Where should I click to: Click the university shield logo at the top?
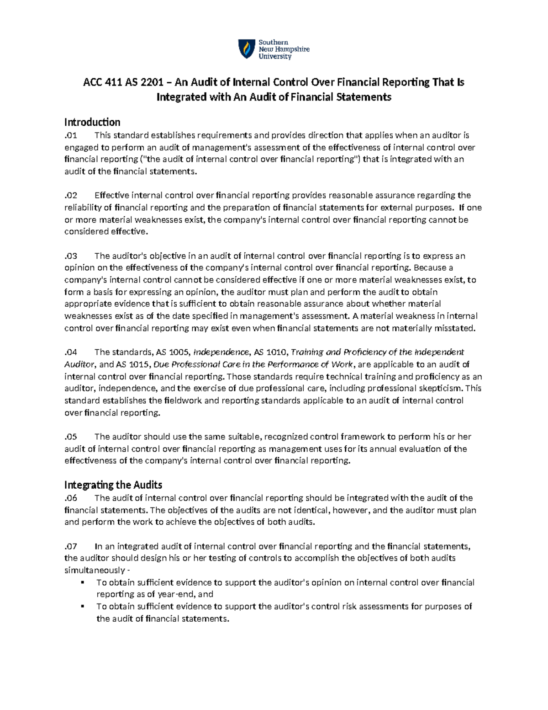(x=247, y=49)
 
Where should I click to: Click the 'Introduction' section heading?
(x=92, y=122)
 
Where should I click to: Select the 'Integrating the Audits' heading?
(x=113, y=485)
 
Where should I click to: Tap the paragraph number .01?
(x=71, y=135)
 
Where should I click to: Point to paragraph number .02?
(x=71, y=196)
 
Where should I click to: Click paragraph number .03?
(x=71, y=256)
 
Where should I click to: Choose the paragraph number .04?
(x=71, y=352)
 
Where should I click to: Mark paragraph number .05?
(x=71, y=437)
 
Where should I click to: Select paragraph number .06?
(x=71, y=498)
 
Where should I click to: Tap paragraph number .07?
(x=71, y=546)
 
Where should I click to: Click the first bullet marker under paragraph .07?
(x=83, y=582)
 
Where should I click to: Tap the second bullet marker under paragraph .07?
(x=83, y=607)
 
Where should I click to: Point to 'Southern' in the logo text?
(x=274, y=43)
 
